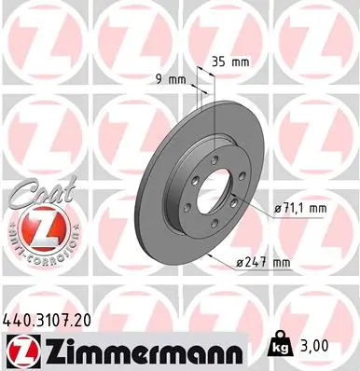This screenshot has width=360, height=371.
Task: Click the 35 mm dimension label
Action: [231, 62]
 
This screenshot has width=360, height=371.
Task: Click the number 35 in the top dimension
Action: [220, 62]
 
